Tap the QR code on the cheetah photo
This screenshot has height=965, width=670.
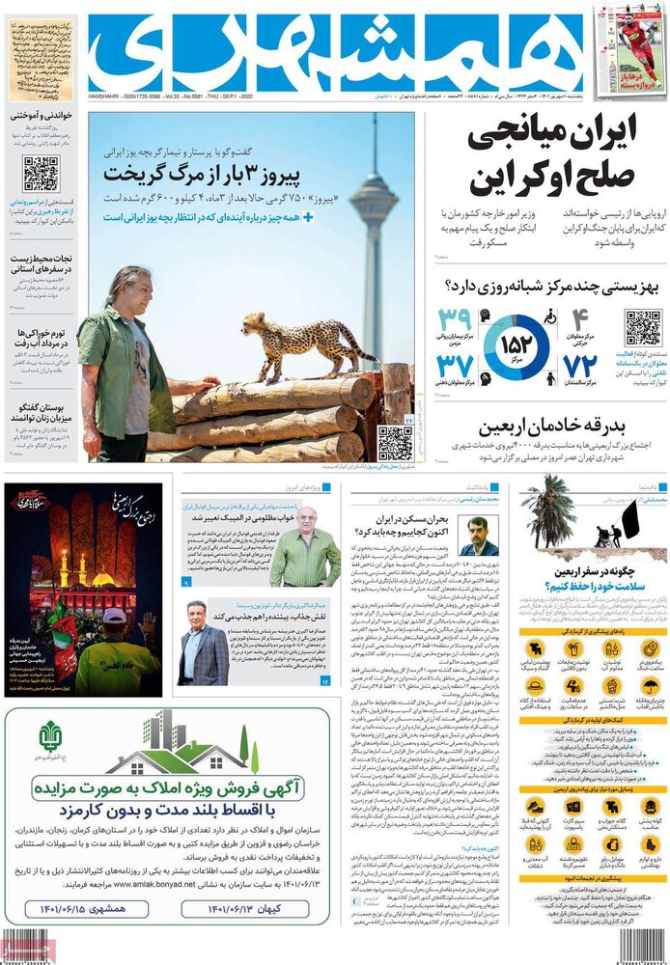(394, 442)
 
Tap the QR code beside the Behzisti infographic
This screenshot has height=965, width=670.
(643, 329)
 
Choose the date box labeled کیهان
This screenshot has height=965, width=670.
(245, 908)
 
